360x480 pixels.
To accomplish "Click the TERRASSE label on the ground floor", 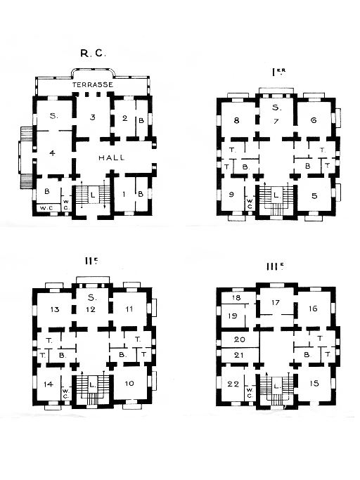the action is tap(93, 84).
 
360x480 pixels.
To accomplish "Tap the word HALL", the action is tap(112, 157).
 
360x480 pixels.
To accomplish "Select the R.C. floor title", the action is tap(93, 53).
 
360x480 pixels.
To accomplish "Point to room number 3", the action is tap(93, 117).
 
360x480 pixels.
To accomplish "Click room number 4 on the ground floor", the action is tap(53, 153).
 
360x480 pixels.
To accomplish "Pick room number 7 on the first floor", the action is tap(276, 121).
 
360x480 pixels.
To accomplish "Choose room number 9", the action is tap(231, 195).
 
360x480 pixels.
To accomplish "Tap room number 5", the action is tap(314, 196).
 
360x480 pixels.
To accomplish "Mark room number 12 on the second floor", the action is tap(91, 309).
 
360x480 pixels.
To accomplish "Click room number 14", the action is tap(49, 384).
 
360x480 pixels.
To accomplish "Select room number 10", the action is tap(129, 383).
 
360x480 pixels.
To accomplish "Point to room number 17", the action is tap(276, 302).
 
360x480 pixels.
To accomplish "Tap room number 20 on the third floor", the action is tap(239, 339).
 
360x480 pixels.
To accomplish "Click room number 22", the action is tap(233, 384).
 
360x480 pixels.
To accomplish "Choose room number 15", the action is tap(314, 383).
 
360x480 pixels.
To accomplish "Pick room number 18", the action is tap(236, 298).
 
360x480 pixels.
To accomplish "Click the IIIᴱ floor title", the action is tap(274, 266).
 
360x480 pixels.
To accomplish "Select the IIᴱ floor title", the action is tap(91, 261).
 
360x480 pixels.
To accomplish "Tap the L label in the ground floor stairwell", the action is tap(93, 195).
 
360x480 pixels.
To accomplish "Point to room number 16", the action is tap(313, 309).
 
